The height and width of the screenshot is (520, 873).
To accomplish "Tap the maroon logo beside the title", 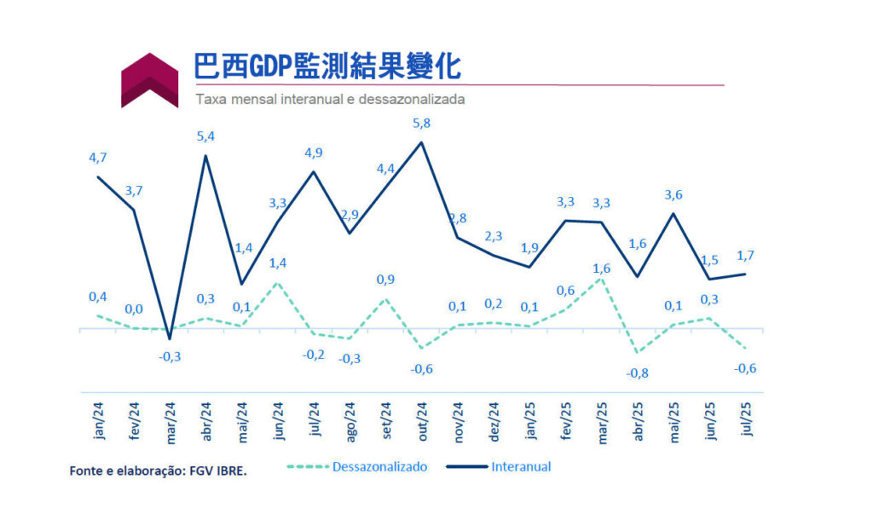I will pyautogui.click(x=149, y=80).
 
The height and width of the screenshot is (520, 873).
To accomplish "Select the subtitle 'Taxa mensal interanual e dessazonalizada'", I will pyautogui.click(x=330, y=99).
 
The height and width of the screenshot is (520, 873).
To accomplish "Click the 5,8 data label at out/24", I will pyautogui.click(x=421, y=123).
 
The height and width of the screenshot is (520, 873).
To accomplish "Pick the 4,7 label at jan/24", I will pyautogui.click(x=98, y=158).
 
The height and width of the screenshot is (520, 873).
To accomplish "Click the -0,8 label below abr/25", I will pyautogui.click(x=637, y=373).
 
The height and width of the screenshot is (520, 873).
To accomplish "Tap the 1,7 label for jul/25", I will pyautogui.click(x=746, y=255).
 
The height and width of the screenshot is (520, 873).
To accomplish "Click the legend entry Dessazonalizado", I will pyautogui.click(x=379, y=466).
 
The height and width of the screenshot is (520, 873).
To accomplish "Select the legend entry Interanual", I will pyautogui.click(x=520, y=466).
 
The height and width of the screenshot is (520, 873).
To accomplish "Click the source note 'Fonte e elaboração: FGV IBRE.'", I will pyautogui.click(x=158, y=470).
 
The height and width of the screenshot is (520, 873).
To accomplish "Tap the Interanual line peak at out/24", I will pyautogui.click(x=421, y=142).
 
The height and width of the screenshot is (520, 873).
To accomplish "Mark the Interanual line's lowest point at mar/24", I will pyautogui.click(x=170, y=338).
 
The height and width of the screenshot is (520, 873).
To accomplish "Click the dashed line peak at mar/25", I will pyautogui.click(x=601, y=278).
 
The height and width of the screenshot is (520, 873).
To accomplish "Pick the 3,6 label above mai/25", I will pyautogui.click(x=674, y=195).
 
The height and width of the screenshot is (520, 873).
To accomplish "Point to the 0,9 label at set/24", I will pyautogui.click(x=384, y=279).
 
